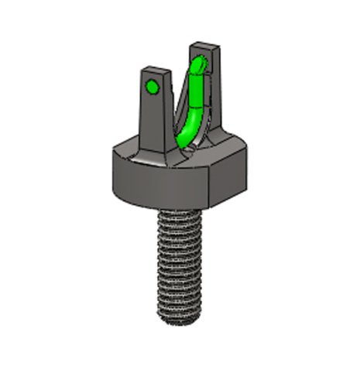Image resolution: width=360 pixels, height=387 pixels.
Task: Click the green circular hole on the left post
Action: pos(153,87)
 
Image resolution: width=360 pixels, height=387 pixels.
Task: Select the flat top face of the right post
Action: pos(204,49)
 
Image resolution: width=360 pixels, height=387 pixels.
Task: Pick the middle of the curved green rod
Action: pos(191,108)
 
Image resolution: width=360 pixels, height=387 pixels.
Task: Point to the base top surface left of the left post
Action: pos(128,149)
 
